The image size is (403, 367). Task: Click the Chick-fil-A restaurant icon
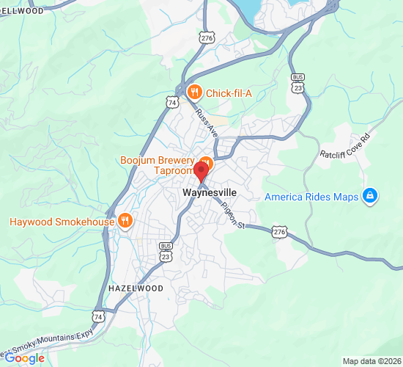(x=194, y=92)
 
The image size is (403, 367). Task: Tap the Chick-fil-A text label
(x=228, y=92)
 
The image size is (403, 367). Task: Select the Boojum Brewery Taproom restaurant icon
(x=206, y=162)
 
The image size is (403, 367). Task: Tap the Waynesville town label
(x=210, y=192)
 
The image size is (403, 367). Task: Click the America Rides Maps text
(x=311, y=197)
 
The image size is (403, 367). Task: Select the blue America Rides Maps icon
(x=371, y=196)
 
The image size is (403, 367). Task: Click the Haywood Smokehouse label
(x=62, y=222)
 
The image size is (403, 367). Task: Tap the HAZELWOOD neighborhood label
(x=136, y=288)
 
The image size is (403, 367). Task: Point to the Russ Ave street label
(x=207, y=123)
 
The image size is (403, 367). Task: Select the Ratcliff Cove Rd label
(x=347, y=146)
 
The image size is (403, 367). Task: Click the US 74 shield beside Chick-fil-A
(x=171, y=101)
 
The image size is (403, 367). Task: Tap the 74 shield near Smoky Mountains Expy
(x=98, y=316)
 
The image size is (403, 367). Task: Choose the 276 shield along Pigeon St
(x=279, y=232)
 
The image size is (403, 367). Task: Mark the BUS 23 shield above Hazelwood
(x=166, y=253)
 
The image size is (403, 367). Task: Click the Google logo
(x=25, y=357)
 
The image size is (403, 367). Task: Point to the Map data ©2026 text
(x=372, y=361)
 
